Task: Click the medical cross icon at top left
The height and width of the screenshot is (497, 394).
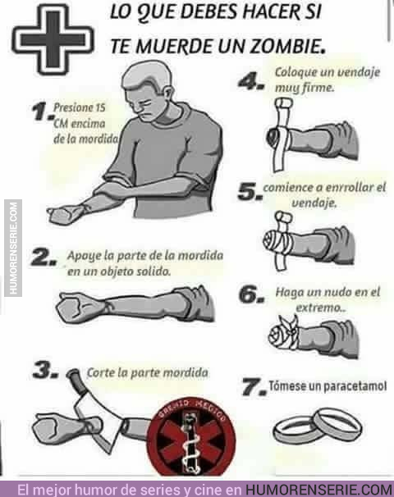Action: coord(53,39)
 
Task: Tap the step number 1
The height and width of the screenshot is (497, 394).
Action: coord(42,112)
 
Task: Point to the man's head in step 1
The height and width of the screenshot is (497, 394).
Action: coord(149,91)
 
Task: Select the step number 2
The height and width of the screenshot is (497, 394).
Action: coord(44,258)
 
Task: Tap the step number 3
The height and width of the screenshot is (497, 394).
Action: coord(45,370)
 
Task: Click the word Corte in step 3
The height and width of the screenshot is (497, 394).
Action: coord(100,372)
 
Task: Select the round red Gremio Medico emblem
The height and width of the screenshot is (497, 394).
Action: coord(190,438)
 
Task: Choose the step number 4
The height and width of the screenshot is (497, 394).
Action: coord(251,81)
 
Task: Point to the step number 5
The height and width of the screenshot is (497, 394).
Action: coord(250,191)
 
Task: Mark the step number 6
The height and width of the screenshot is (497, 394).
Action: coord(251,294)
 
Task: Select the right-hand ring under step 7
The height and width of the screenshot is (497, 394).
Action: coord(337,423)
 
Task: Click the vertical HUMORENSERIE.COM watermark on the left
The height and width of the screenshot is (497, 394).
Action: coord(13,248)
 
